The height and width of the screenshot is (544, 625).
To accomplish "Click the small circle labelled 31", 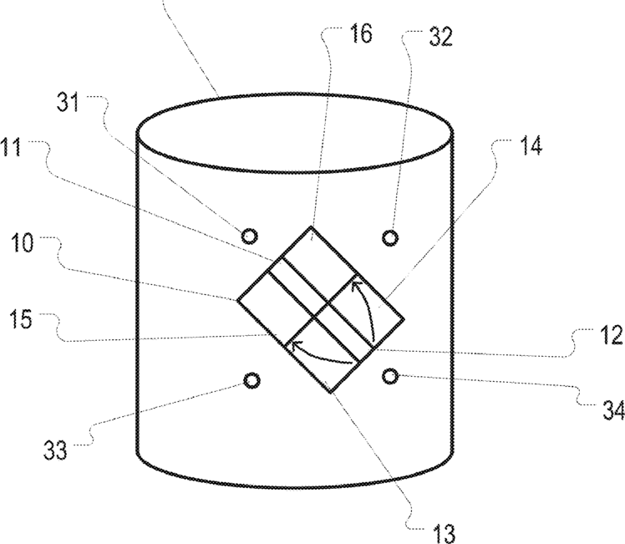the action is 249,236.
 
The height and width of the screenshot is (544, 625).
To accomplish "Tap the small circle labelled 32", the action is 389,238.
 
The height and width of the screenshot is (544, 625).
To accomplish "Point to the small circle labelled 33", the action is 250,381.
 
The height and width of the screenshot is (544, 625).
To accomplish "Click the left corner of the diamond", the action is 237,299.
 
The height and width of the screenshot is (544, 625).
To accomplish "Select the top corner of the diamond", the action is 311,226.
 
